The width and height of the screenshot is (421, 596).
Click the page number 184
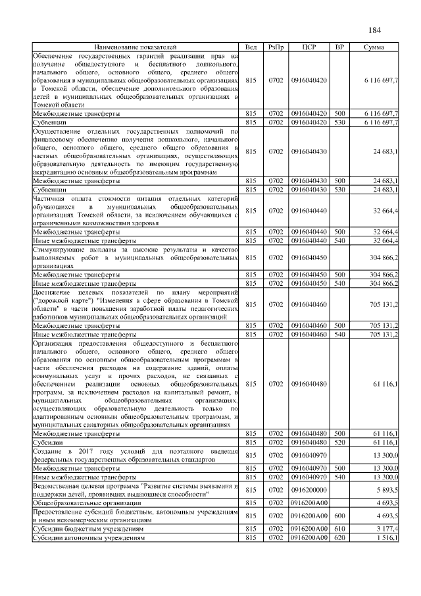(375, 29)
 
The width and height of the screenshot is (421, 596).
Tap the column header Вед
(251, 47)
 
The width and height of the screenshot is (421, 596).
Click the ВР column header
(339, 47)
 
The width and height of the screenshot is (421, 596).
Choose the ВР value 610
(339, 529)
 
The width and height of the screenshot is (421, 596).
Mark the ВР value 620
(339, 538)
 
